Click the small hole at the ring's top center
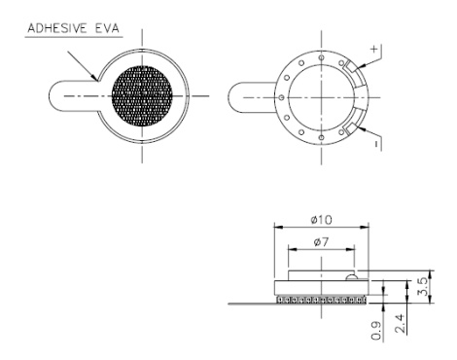click(x=316, y=57)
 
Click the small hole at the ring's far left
click(x=281, y=98)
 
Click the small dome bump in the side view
click(x=351, y=276)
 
